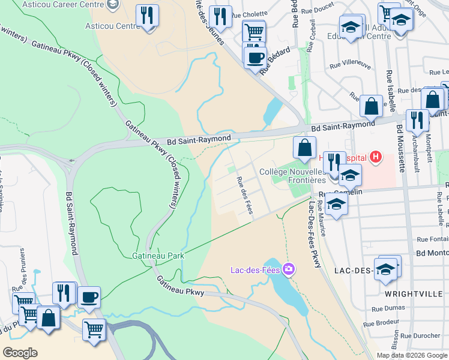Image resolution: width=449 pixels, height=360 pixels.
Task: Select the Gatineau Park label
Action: tap(158, 255)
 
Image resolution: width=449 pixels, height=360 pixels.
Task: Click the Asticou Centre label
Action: tap(112, 26)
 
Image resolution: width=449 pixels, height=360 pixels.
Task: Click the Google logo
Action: tap(20, 352)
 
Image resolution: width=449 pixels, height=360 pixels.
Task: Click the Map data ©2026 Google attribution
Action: tap(412, 355)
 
